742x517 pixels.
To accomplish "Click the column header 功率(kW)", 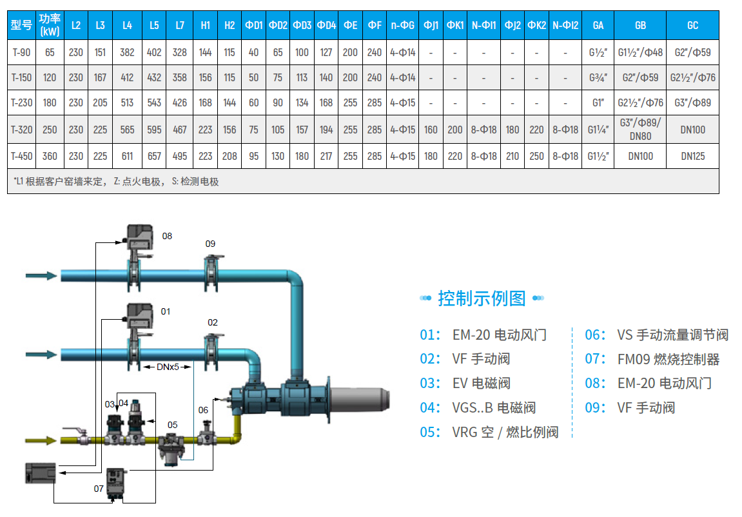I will (50, 25).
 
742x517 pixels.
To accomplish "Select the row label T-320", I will (21, 130).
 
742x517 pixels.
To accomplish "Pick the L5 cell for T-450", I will (153, 156).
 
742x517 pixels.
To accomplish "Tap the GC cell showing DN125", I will (692, 156).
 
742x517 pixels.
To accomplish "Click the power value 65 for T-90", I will (50, 53).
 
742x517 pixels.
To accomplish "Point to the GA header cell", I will (598, 25).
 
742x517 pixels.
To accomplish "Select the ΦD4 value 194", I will (326, 130).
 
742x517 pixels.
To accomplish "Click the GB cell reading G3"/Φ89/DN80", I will (640, 130).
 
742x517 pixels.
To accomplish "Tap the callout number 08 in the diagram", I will (168, 236).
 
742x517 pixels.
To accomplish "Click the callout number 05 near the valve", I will (172, 425).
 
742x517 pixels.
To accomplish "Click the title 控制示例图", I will (482, 298).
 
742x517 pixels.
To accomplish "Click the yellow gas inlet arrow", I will (42, 440).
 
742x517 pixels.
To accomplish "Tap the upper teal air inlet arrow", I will (41, 275).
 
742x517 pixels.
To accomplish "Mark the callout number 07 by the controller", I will (99, 489).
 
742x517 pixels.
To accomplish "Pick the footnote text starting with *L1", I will (116, 182).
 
